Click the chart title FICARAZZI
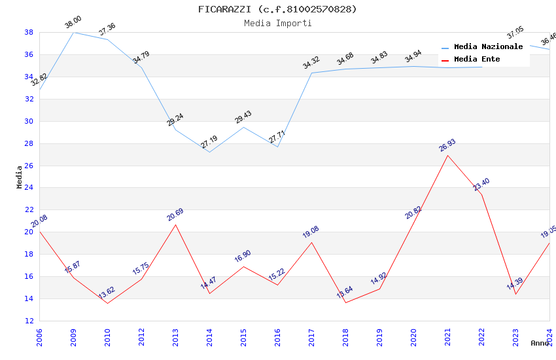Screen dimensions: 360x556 (x=278, y=9)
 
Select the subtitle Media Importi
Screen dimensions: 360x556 (x=278, y=23)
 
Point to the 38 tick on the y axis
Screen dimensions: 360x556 (x=29, y=32)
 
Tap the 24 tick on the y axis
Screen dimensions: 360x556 (x=29, y=188)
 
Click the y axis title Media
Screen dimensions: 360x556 (x=20, y=177)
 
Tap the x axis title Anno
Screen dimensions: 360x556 (x=540, y=343)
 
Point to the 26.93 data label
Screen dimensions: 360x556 (x=447, y=145)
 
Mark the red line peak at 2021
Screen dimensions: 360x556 (x=447, y=155)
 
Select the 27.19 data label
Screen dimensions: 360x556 (x=209, y=142)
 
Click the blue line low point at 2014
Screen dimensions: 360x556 (x=209, y=152)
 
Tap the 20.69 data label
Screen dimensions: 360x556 (x=175, y=215)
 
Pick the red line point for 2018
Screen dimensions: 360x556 (x=345, y=302)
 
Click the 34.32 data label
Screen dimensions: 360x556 (x=311, y=63)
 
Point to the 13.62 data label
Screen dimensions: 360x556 (x=107, y=293)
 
